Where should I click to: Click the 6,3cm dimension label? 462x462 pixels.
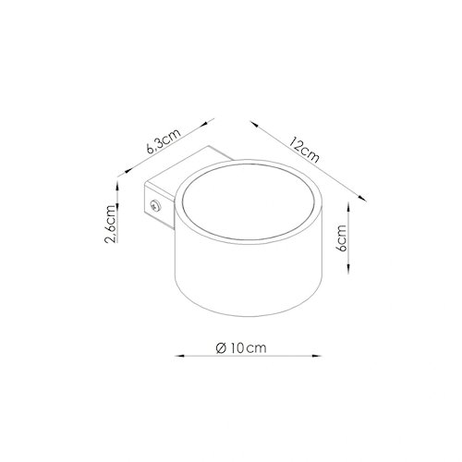click(164, 141)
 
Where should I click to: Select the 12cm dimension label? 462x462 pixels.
click(304, 150)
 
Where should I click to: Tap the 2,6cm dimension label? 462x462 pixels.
click(111, 224)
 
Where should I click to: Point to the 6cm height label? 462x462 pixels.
click(342, 238)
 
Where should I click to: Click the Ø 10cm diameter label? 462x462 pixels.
click(241, 348)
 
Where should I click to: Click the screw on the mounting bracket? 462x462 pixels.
click(155, 205)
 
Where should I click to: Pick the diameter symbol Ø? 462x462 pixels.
click(222, 348)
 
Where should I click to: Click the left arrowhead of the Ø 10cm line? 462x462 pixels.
click(179, 356)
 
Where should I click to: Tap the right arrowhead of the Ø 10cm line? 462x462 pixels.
click(317, 356)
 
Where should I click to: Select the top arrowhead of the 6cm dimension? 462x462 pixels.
click(348, 207)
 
